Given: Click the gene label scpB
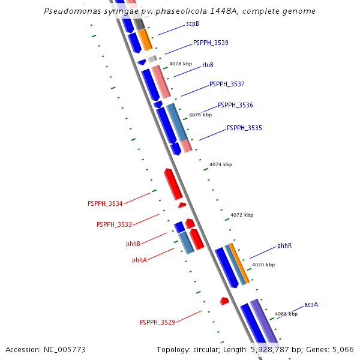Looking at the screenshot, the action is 193,23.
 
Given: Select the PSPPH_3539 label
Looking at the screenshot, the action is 211,43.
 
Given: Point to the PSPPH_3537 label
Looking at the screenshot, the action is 227,84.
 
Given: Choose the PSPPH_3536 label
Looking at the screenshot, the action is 235,105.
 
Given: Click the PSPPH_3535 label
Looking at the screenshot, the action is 244,128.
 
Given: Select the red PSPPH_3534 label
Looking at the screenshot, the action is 105,204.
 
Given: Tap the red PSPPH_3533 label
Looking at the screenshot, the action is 114,224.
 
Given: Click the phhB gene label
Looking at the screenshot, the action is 133,244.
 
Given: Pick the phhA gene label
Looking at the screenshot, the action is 139,260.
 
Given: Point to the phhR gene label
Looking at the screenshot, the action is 284,246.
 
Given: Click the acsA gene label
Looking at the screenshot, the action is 311,305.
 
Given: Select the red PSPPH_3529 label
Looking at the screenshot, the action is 157,323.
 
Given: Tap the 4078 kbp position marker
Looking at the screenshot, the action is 181,64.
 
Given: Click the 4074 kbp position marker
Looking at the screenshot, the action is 221,164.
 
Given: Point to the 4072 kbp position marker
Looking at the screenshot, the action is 242,215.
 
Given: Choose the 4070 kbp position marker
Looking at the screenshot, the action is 263,265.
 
